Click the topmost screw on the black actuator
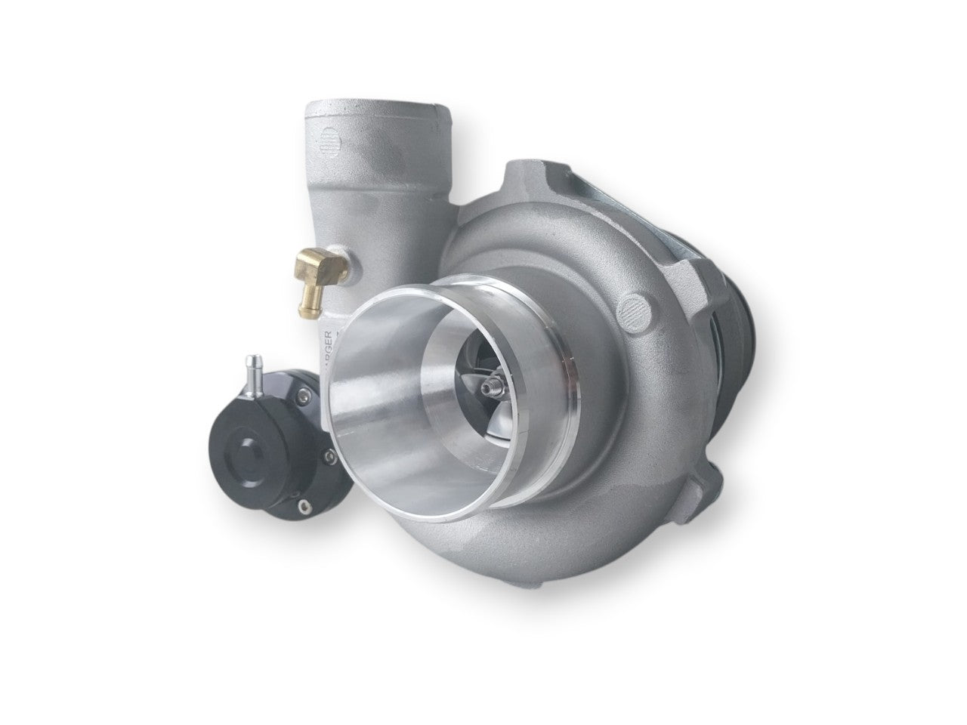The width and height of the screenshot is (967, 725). (x=303, y=395)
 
